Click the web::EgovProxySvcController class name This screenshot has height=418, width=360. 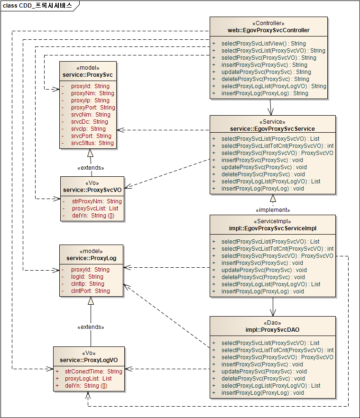point(268,30)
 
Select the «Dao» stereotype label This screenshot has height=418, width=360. point(272,323)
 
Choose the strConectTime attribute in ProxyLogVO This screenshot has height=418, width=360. point(93,372)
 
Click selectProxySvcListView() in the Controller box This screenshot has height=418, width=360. point(263,44)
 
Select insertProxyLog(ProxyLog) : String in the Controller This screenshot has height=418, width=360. point(265,93)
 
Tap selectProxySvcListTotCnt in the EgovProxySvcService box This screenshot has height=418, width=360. point(277,146)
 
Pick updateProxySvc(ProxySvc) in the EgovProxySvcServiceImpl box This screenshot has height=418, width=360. point(264,270)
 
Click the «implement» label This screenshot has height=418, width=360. point(272,209)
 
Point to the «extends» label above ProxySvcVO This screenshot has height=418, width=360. point(91,168)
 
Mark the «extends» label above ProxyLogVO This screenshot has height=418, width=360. point(91,327)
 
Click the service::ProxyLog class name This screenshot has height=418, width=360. point(91,258)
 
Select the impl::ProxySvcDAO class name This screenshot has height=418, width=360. point(272,329)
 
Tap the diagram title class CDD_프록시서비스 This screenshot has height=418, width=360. point(37,6)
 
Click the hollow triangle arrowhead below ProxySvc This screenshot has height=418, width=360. point(90,153)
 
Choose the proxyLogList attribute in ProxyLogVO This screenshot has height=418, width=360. point(88,379)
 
